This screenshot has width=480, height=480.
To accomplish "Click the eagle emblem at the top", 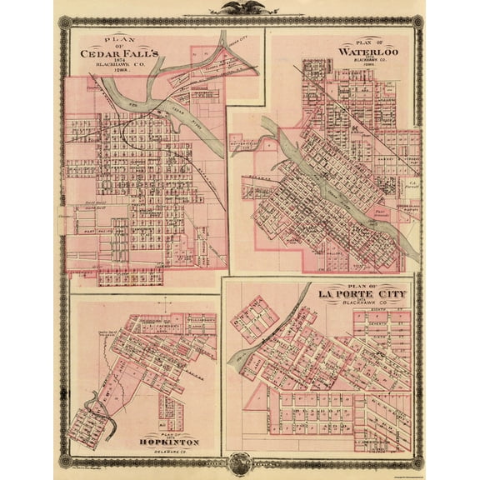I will coord(240,8).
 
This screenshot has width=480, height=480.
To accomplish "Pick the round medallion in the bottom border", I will coord(240,464).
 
